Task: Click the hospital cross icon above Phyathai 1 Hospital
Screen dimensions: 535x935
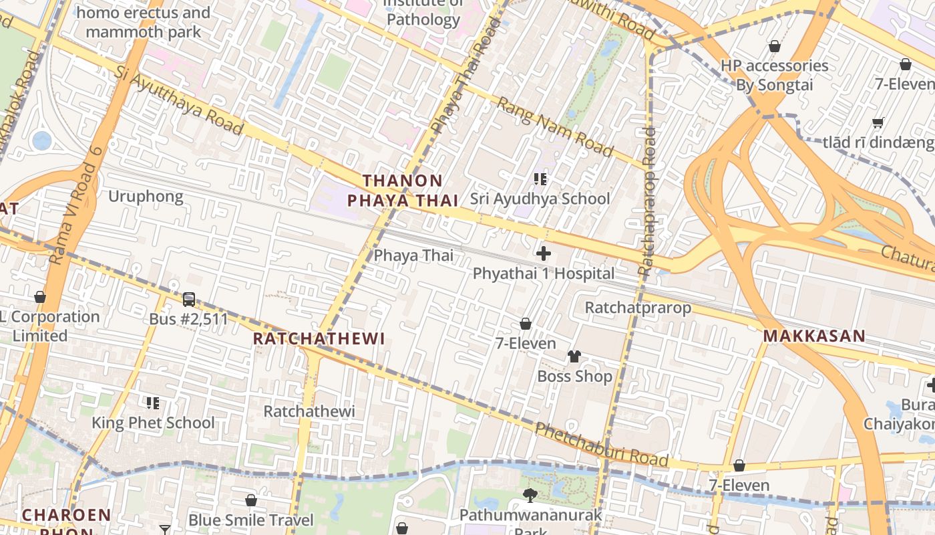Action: [x=544, y=253]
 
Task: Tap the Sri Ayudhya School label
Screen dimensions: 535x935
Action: [x=540, y=199]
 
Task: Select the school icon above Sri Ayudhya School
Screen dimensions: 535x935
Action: [x=540, y=179]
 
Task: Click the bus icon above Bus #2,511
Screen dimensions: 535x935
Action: [x=189, y=299]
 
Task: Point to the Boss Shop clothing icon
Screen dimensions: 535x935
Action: [x=574, y=356]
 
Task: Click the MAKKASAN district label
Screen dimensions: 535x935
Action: [x=814, y=336]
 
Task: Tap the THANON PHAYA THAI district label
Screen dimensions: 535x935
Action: [x=403, y=191]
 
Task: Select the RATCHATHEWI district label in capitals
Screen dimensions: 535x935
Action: [x=319, y=339]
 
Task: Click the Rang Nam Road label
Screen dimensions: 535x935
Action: [x=555, y=127]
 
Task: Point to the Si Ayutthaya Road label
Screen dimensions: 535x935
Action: [x=178, y=100]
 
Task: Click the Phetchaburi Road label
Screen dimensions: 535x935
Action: [x=601, y=445]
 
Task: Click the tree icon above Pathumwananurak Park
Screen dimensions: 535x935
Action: [x=530, y=496]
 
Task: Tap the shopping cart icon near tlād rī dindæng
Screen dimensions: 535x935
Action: [x=878, y=122]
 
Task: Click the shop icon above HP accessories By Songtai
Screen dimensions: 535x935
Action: [x=774, y=46]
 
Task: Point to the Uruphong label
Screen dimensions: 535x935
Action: [x=146, y=197]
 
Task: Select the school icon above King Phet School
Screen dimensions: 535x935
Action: [x=153, y=403]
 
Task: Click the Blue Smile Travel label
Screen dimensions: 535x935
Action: [x=250, y=520]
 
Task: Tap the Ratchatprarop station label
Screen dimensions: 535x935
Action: [x=638, y=308]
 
